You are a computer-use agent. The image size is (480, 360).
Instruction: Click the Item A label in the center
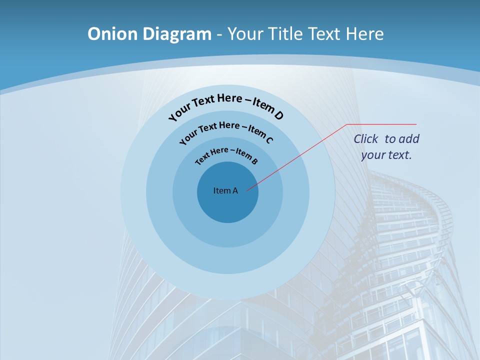pos(225,190)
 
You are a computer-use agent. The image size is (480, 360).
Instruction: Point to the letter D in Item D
pos(278,115)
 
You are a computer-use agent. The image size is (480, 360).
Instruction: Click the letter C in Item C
pos(269,139)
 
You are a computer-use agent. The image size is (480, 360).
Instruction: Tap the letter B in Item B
pos(254,161)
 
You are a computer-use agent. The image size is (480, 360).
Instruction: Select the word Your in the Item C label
pos(188,135)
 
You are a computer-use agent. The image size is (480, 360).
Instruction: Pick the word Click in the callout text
pos(366,139)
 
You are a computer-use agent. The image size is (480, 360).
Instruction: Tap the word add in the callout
pos(409,139)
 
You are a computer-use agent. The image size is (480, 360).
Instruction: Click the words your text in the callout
pos(386,155)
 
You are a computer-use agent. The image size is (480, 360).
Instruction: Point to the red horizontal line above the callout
pos(381,124)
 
